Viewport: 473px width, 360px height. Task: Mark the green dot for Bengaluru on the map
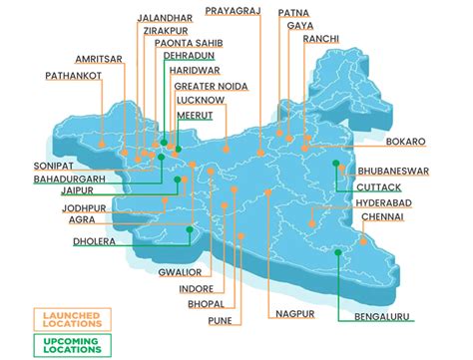pos(338,252)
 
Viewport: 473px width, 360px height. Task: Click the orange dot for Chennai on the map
pos(364,240)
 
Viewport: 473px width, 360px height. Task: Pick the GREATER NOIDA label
pos(213,86)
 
